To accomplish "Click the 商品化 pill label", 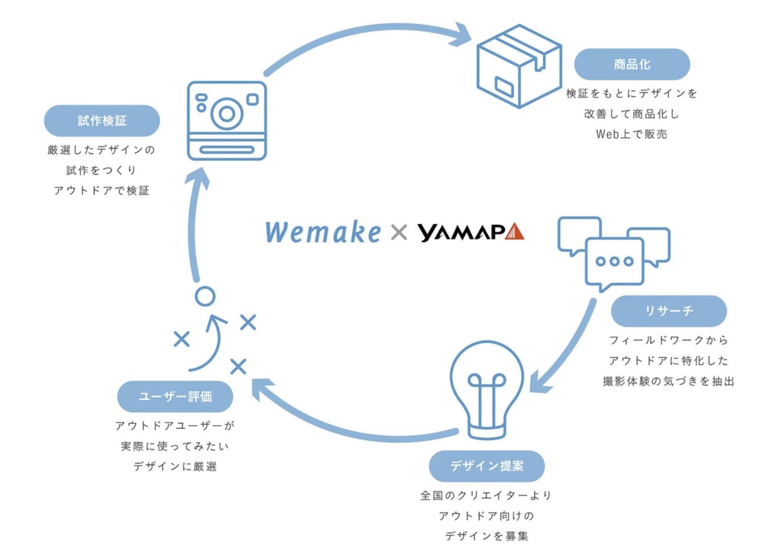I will click(632, 64).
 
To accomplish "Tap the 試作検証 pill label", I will click(102, 121).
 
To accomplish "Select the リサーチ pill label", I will click(669, 311).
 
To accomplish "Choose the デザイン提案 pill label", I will click(487, 466).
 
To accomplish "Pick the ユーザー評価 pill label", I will click(175, 397).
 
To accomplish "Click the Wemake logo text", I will click(323, 232).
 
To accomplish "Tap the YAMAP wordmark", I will click(461, 232).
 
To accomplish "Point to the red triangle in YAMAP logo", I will click(515, 232).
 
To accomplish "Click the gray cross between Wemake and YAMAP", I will click(399, 232).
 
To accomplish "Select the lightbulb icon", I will click(487, 389).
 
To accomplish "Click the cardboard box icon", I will click(519, 66).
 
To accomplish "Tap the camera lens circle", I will click(227, 113).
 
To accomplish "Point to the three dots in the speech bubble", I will click(614, 261).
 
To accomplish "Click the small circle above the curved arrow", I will click(205, 296).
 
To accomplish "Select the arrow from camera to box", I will click(366, 32).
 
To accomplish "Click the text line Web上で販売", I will click(632, 134).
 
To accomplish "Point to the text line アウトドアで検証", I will click(102, 191).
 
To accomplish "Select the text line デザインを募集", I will click(487, 536).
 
